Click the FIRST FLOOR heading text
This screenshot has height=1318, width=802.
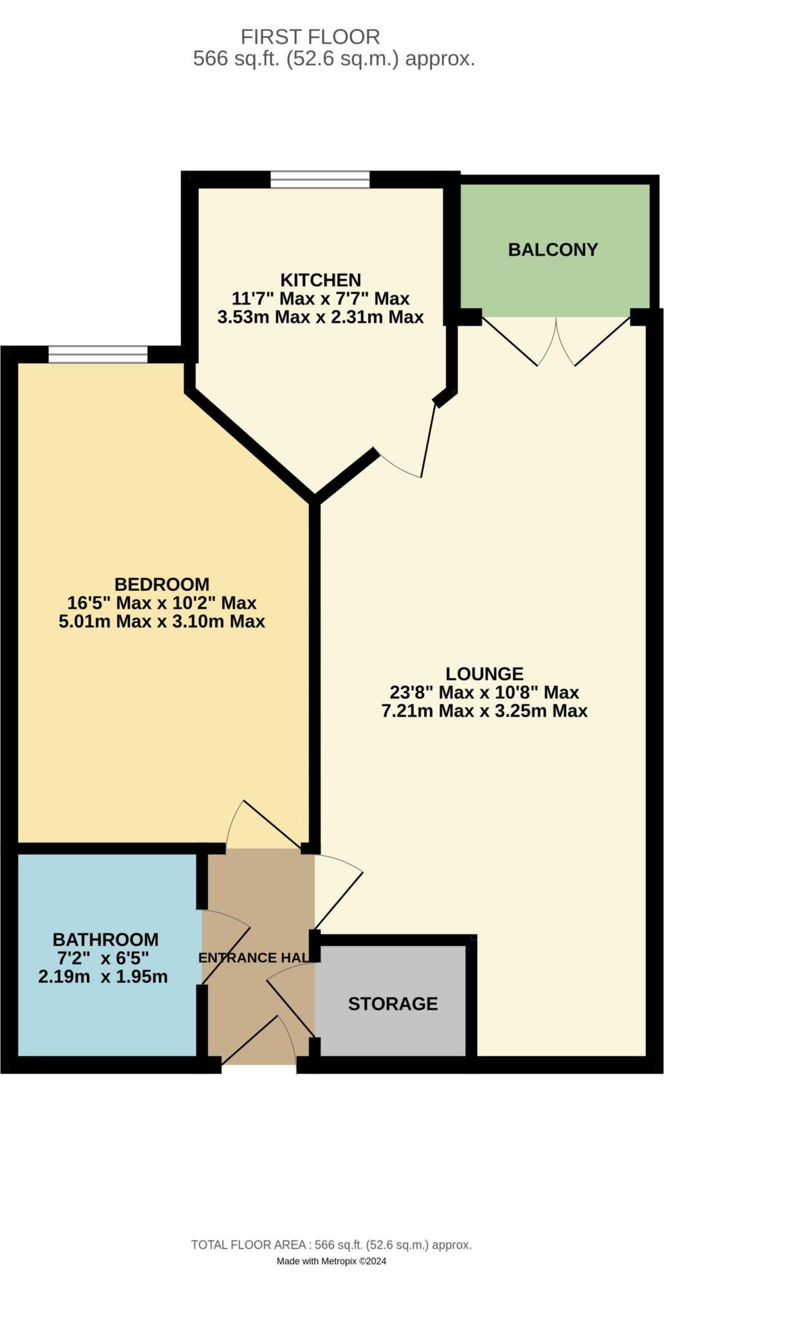(310, 37)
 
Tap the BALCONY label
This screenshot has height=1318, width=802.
(553, 250)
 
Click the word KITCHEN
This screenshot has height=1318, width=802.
(321, 280)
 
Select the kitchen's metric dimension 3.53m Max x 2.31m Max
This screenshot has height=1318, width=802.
(321, 317)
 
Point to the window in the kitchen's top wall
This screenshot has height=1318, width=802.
(320, 179)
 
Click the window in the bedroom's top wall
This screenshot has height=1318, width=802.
(98, 355)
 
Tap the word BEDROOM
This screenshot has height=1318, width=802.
(162, 584)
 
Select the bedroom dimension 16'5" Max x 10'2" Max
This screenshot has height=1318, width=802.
(162, 603)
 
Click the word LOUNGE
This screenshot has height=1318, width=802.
(484, 674)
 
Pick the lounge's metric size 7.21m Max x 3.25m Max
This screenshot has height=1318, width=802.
(484, 711)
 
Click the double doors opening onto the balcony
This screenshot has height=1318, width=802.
(556, 341)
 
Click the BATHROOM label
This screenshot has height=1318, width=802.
(106, 940)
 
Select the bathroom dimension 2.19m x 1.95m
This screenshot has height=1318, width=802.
(103, 977)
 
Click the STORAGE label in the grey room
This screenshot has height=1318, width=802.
(393, 1004)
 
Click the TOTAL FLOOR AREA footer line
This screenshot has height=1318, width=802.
(331, 1245)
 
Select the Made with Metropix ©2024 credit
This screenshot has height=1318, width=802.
(331, 1262)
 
